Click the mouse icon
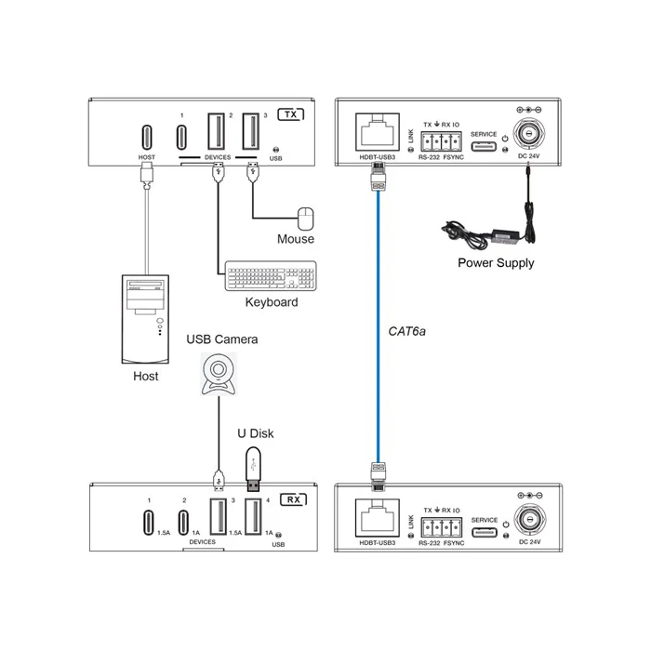pyautogui.click(x=306, y=219)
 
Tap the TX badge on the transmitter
pyautogui.click(x=292, y=115)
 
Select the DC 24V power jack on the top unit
pyautogui.click(x=527, y=136)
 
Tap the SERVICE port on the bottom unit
pyautogui.click(x=484, y=533)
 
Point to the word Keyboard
pyautogui.click(x=271, y=302)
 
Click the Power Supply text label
pyautogui.click(x=496, y=263)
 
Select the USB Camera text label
pyautogui.click(x=222, y=339)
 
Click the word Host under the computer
pyautogui.click(x=146, y=376)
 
